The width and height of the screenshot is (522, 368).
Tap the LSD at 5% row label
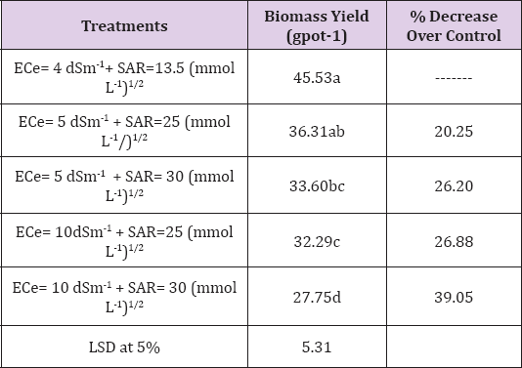click(125, 344)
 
